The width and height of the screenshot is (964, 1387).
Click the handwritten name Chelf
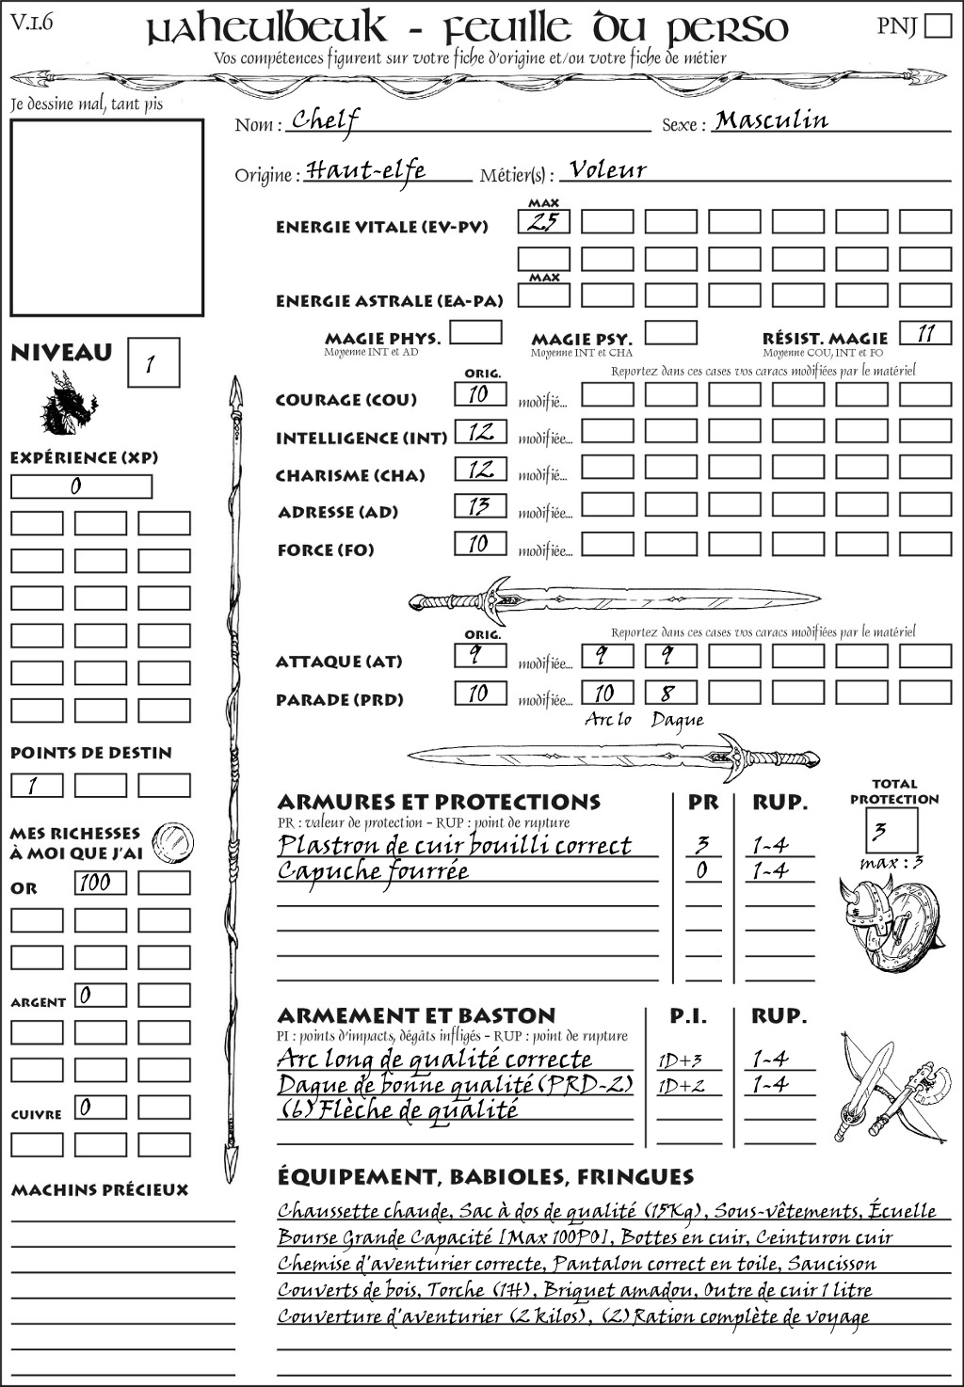click(325, 120)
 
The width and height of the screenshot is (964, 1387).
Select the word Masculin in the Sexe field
click(771, 120)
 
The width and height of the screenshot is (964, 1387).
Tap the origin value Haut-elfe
click(366, 170)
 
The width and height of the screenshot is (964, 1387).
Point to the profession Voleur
click(608, 170)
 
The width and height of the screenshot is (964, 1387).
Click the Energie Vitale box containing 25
click(544, 222)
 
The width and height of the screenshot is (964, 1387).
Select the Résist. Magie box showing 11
click(925, 333)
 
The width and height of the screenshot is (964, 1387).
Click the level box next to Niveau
click(153, 363)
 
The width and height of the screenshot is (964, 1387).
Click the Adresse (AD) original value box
click(480, 506)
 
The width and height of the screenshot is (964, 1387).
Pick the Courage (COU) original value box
click(480, 394)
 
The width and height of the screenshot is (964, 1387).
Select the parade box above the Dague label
click(670, 693)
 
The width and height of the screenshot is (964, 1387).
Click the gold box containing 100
click(100, 883)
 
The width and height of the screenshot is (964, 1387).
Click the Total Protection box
click(891, 830)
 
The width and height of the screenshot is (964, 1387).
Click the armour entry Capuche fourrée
click(373, 871)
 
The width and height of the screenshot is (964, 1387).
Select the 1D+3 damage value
click(680, 1060)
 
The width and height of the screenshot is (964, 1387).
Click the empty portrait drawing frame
click(106, 217)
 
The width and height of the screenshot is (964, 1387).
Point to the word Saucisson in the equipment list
click(831, 1264)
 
